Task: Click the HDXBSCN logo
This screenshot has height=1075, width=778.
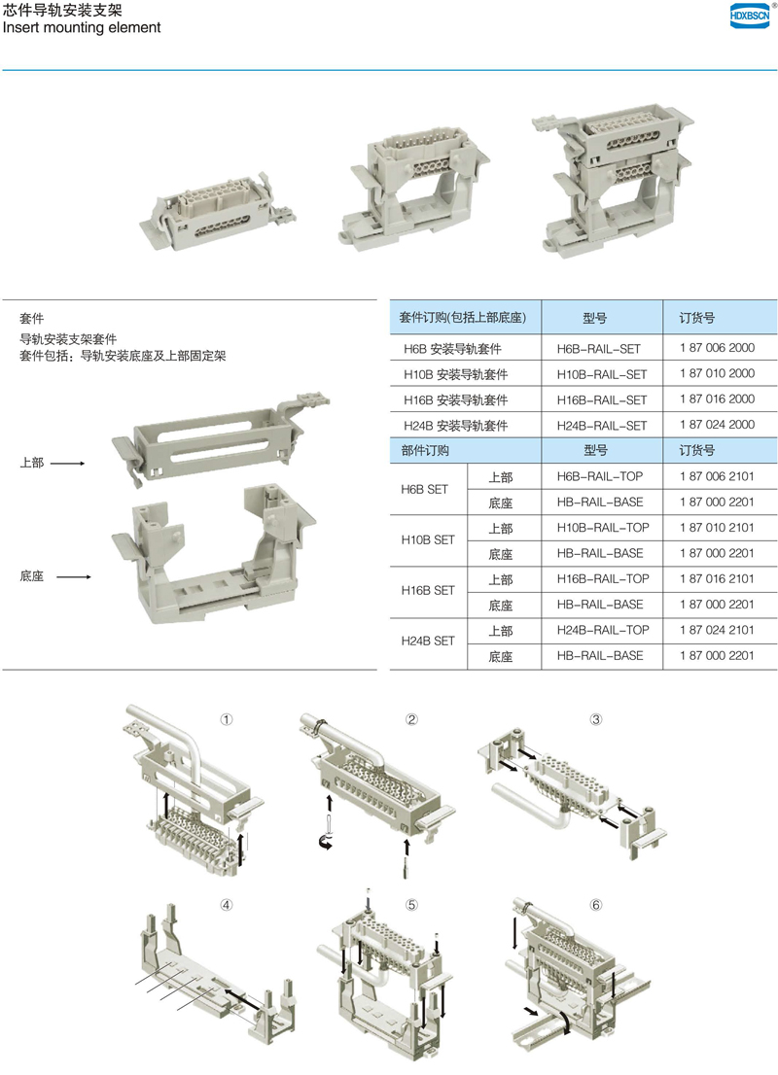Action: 749,16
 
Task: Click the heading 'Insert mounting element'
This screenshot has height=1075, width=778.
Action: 82,27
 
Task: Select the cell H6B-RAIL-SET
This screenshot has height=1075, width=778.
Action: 598,348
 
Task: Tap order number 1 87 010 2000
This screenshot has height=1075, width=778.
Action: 717,373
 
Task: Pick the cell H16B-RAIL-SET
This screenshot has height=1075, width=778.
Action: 602,399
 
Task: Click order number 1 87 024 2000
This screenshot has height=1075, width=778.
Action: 717,425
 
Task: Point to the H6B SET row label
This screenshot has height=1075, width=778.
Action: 424,489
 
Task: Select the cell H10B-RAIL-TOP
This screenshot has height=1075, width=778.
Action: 602,527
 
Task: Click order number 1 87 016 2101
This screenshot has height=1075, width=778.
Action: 717,578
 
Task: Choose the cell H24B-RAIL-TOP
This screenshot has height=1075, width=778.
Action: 602,630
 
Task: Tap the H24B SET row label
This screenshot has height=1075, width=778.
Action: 428,641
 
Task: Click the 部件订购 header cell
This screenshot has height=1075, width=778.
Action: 425,450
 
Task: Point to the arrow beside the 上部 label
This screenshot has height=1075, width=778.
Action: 67,464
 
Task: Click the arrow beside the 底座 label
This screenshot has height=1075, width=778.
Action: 73,576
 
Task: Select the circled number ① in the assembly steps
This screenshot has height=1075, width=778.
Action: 227,719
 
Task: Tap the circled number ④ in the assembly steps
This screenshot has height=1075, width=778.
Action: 227,905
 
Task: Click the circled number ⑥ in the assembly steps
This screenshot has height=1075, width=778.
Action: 595,905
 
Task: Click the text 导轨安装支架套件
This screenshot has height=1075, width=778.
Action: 68,338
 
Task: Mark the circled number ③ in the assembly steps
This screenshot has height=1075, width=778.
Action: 595,719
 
